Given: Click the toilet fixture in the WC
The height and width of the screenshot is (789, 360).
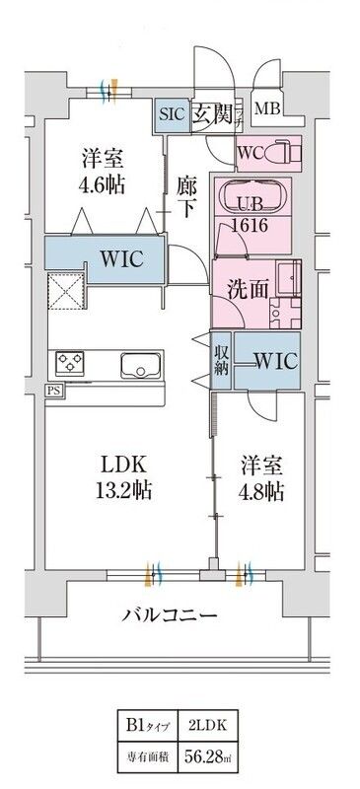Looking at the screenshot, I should (283, 153).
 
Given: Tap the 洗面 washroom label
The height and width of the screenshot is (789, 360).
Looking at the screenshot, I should (242, 291).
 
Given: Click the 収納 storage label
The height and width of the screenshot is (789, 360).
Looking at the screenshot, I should (222, 360).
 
